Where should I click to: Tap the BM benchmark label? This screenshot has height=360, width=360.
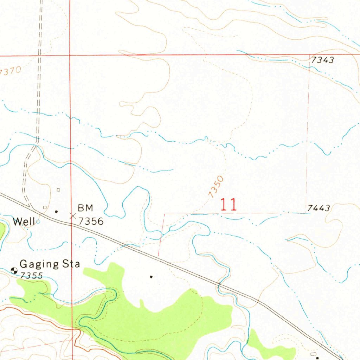[85, 208]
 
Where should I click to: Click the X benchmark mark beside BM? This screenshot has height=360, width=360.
[73, 216]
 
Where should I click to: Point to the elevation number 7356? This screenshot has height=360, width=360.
[91, 221]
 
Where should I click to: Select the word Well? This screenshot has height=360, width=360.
[24, 221]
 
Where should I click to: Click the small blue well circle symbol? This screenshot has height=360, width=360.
[38, 222]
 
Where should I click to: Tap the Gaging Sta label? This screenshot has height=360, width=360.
[50, 264]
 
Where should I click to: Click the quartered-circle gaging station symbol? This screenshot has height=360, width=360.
[14, 270]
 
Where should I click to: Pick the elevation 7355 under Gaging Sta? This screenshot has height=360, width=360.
[31, 276]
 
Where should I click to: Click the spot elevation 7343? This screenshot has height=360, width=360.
[322, 60]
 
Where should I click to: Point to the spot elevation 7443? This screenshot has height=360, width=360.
[319, 208]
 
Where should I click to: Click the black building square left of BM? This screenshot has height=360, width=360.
[56, 212]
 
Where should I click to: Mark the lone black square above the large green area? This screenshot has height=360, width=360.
[152, 277]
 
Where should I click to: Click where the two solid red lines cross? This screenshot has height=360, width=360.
[70, 56]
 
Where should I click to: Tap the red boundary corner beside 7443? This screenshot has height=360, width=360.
[306, 213]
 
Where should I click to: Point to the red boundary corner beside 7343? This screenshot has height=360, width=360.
[309, 55]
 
